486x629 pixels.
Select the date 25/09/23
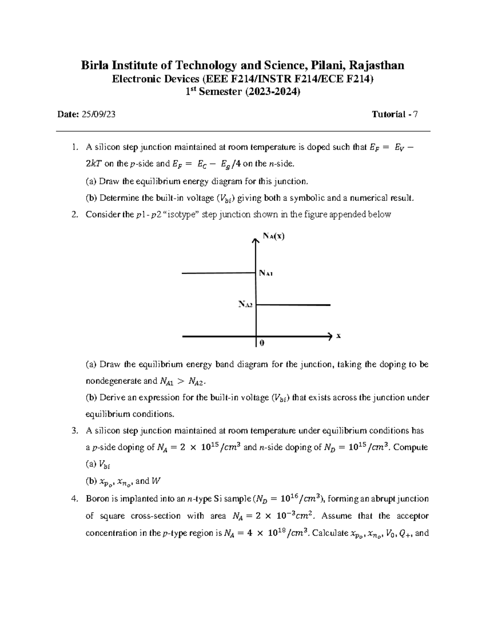coord(98,115)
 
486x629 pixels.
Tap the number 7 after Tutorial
coord(416,115)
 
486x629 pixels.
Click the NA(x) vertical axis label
coord(273,236)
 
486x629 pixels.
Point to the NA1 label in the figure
coord(266,273)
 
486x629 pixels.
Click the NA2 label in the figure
coord(245,304)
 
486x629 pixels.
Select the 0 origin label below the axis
coord(262,343)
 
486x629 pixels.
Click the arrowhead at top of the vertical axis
coord(255,241)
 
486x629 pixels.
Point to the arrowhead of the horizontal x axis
coord(328,336)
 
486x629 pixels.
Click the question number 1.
coord(73,147)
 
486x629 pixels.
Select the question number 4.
coord(73,499)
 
